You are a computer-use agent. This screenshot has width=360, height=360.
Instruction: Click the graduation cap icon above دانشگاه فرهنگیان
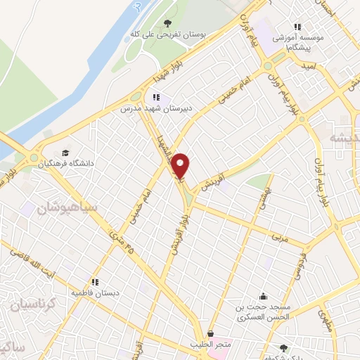65,153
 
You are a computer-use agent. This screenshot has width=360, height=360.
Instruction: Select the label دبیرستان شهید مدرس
155,109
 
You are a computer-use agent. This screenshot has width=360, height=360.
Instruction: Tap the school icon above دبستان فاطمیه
94,281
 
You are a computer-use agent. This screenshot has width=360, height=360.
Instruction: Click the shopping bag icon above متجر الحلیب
210,333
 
